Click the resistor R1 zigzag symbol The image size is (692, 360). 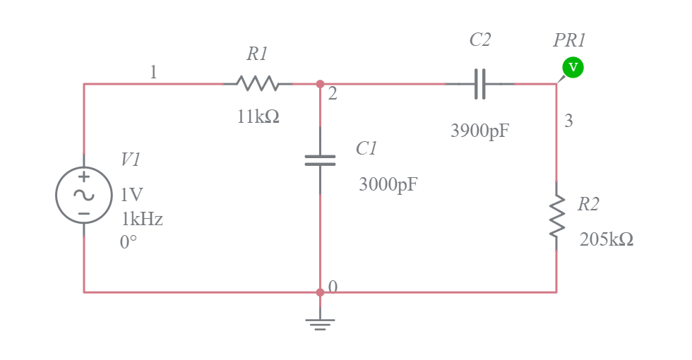257,84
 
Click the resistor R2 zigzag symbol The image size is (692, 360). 556,215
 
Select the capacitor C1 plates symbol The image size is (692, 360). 320,160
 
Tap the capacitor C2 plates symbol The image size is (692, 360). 479,84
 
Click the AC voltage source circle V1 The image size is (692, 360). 84,195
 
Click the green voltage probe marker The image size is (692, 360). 573,68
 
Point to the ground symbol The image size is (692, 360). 320,323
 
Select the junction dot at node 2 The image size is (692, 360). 320,84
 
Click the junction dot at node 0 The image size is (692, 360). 320,292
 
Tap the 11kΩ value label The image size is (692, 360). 258,117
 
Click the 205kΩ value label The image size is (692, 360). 606,240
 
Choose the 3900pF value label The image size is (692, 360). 479,131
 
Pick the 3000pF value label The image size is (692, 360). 388,185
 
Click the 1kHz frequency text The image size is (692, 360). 141,220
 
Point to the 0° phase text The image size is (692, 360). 129,243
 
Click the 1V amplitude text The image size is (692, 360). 131,195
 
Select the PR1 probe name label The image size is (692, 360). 569,40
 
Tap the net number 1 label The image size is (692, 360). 153,72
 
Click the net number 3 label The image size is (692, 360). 568,121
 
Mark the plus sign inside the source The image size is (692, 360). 84,177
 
